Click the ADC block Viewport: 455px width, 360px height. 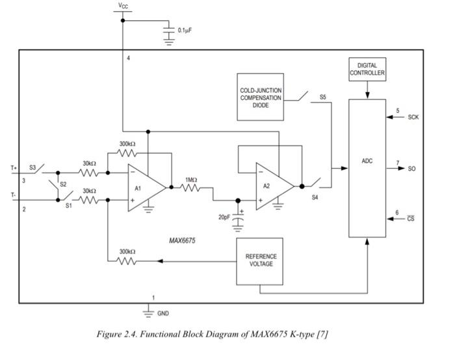(x=367, y=168)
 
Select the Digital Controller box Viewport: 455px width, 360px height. (x=367, y=69)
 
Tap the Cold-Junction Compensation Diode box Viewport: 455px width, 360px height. (x=260, y=97)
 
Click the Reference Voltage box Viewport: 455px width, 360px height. (x=260, y=261)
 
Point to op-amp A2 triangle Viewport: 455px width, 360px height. (x=272, y=186)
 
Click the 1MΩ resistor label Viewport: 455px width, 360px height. (x=190, y=179)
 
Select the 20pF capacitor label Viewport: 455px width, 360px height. (x=225, y=217)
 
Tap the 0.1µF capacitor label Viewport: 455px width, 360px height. (x=185, y=30)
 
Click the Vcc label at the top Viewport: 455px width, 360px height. (x=122, y=5)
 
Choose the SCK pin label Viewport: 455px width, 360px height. (x=413, y=118)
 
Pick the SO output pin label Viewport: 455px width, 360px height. (x=411, y=169)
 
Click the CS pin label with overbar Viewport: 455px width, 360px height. (x=411, y=219)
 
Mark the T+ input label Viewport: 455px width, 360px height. (x=14, y=168)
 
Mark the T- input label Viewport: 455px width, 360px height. (x=14, y=194)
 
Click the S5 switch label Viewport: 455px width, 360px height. (x=322, y=97)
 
